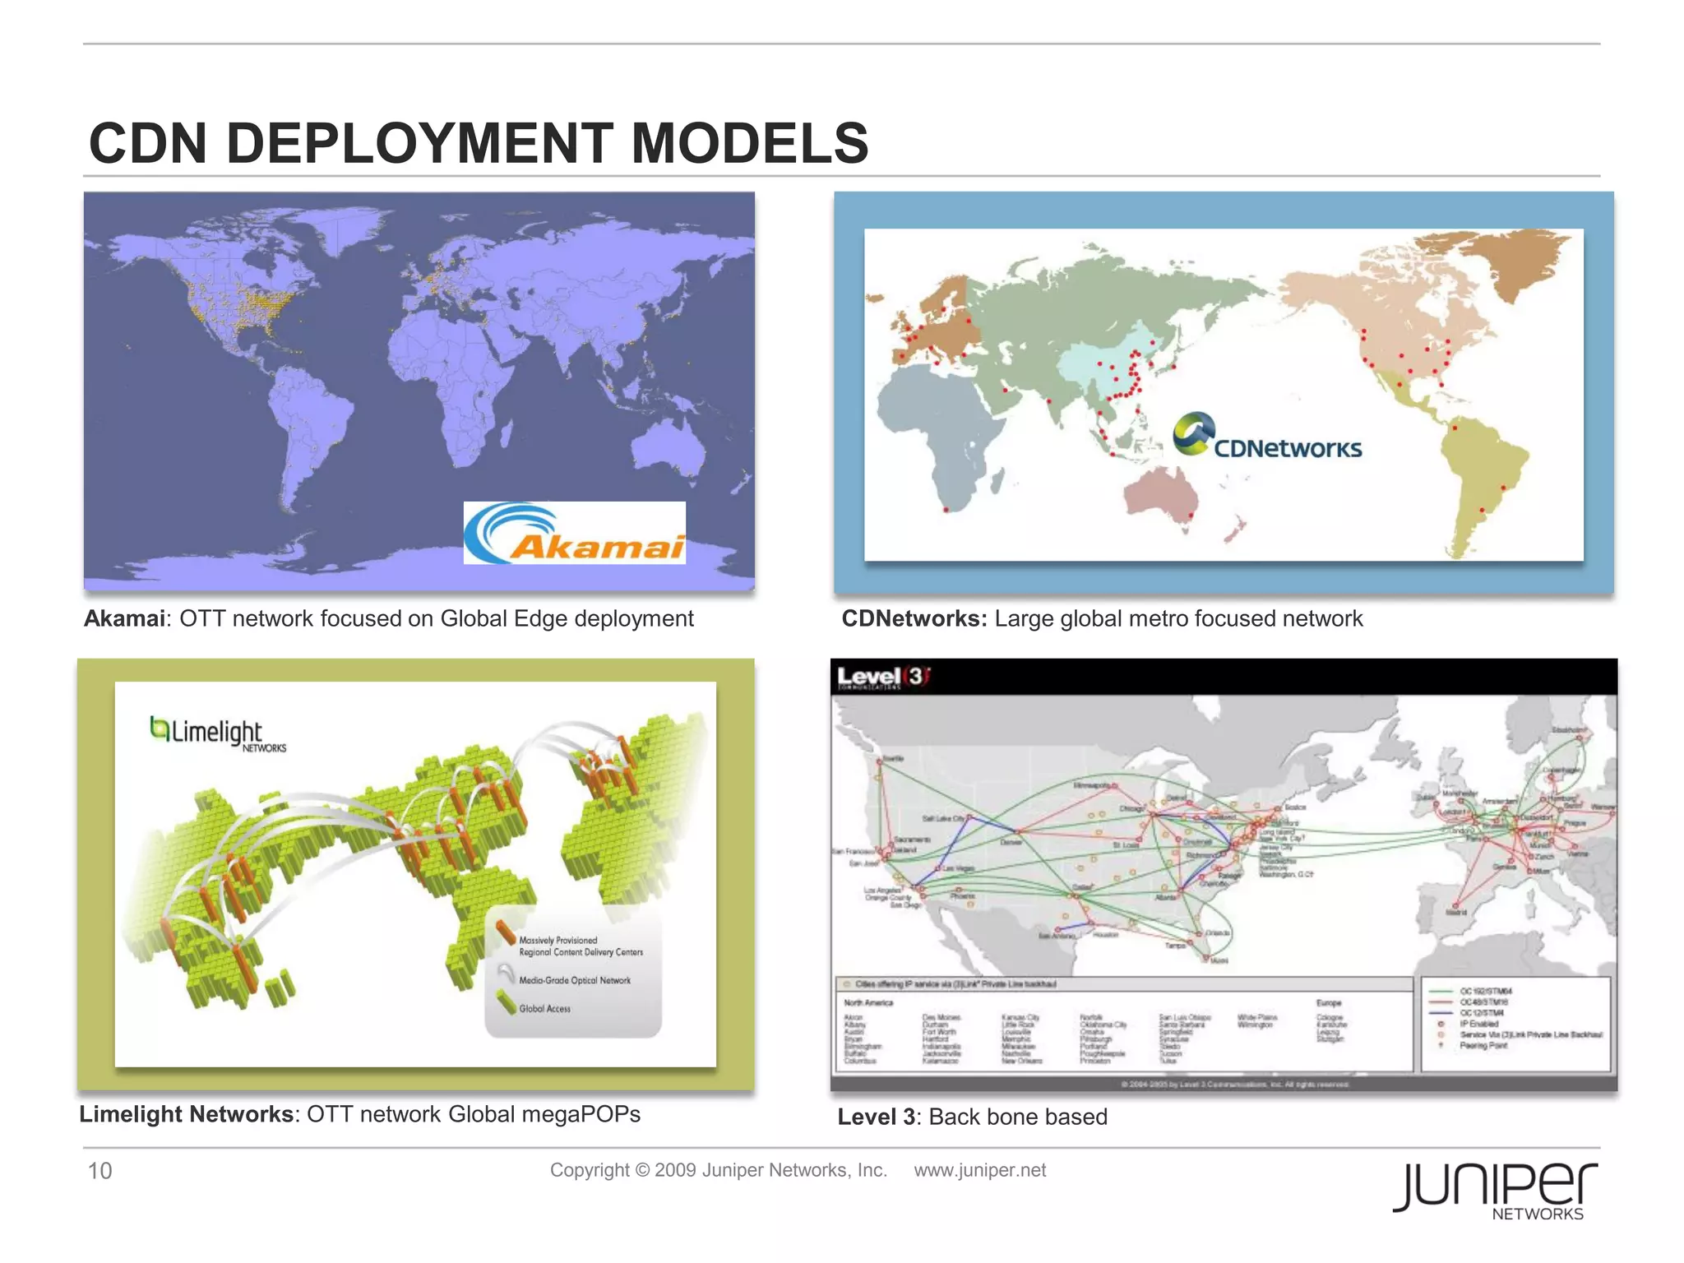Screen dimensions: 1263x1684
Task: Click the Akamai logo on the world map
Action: point(574,533)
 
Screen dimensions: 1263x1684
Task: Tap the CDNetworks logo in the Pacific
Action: point(1267,436)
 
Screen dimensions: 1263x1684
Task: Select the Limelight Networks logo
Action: point(218,733)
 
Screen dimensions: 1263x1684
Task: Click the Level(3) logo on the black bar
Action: point(883,678)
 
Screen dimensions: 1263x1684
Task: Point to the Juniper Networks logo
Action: point(1495,1190)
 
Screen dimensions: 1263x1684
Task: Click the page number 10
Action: point(99,1170)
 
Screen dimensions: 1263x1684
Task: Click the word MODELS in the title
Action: point(750,143)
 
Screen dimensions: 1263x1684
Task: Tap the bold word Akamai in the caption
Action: point(124,618)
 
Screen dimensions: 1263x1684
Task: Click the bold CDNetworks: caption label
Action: point(914,618)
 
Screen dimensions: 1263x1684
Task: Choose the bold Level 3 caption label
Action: point(877,1117)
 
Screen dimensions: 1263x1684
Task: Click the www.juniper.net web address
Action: point(979,1170)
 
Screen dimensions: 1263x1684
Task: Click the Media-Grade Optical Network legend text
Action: point(575,980)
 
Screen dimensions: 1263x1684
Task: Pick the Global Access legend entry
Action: point(544,1008)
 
